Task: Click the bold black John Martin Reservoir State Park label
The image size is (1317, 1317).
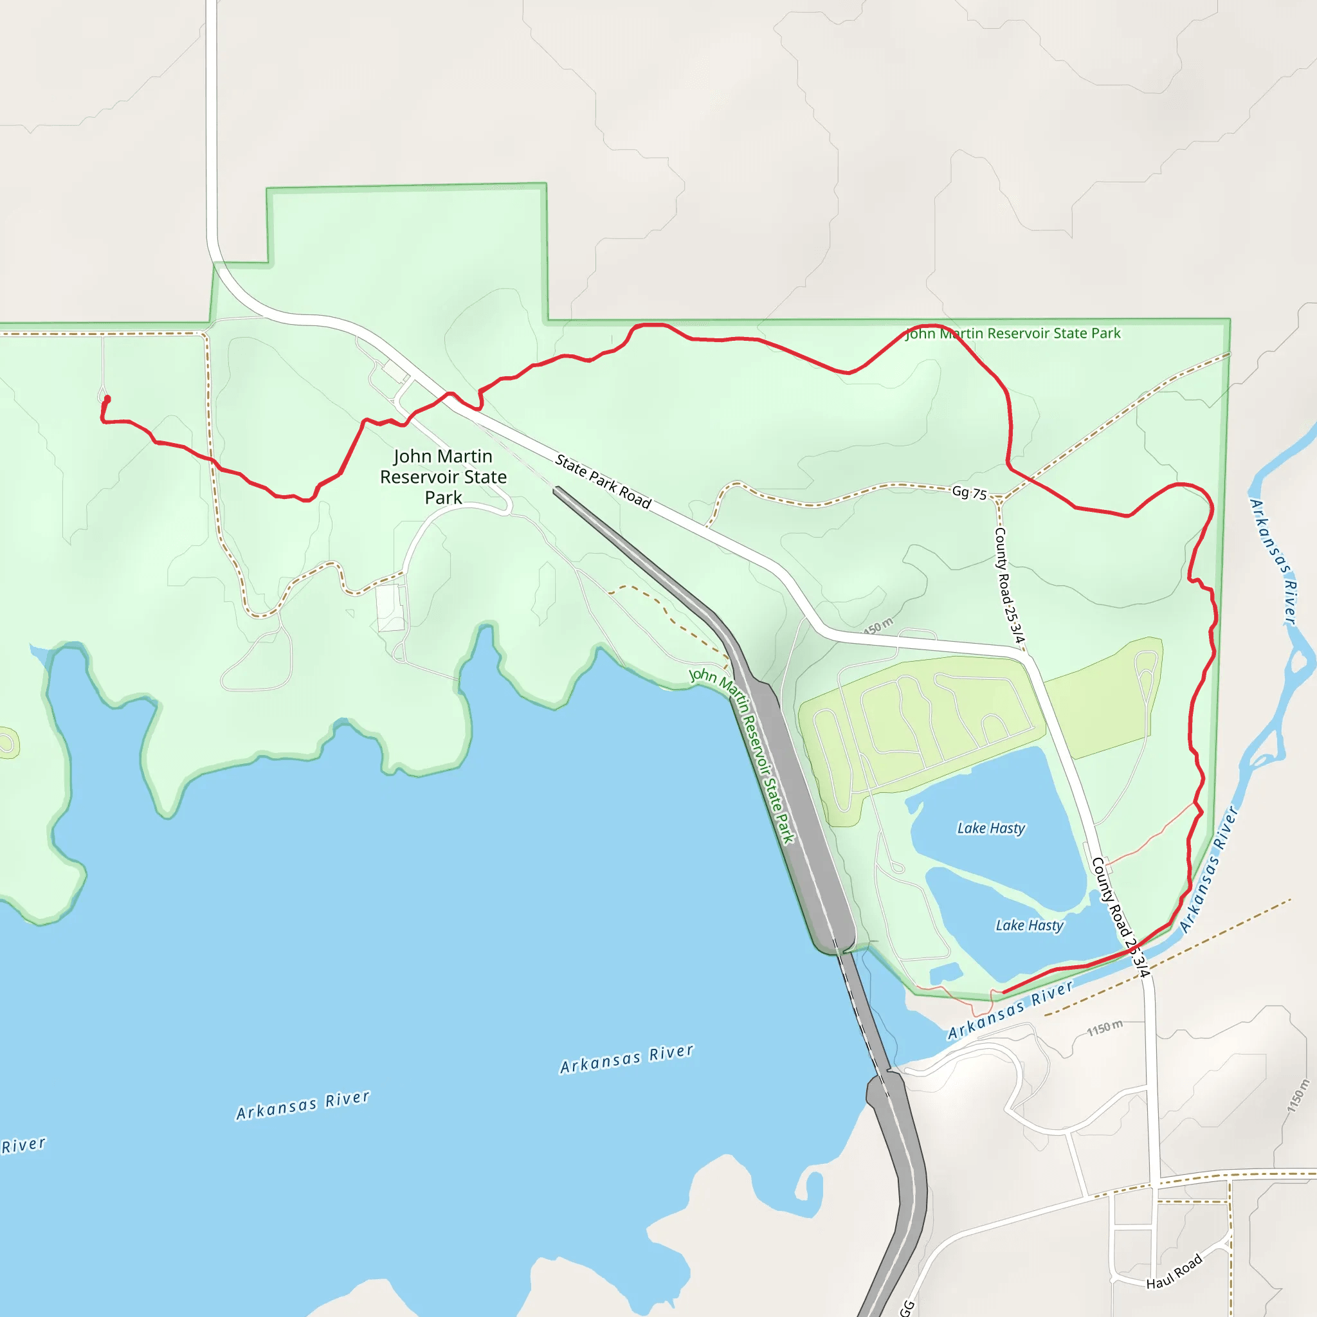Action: click(x=443, y=477)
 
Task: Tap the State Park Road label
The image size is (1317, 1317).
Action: click(x=603, y=481)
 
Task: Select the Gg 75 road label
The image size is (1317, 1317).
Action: click(x=968, y=492)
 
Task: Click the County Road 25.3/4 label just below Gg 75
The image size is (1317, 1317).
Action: click(x=1009, y=584)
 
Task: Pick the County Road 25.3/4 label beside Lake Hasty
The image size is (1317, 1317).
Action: click(x=1120, y=916)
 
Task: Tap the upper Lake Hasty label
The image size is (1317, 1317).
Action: click(x=990, y=828)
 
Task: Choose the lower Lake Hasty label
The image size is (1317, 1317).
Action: click(x=1029, y=925)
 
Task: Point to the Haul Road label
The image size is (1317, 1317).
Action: click(x=1173, y=1272)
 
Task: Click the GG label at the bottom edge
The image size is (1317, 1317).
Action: click(x=907, y=1307)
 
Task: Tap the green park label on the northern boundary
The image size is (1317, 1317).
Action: click(x=1012, y=333)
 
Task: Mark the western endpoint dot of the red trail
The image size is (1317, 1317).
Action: click(x=107, y=399)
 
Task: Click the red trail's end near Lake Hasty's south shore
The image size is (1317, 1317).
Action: click(x=1003, y=992)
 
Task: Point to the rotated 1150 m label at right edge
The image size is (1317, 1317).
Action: click(x=1297, y=1095)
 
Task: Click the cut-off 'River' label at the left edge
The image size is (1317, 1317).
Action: click(x=24, y=1145)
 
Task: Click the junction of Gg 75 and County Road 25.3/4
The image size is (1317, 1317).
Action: click(x=999, y=498)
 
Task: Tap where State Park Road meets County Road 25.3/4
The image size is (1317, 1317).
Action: click(x=1024, y=656)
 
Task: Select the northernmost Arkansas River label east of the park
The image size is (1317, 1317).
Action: click(x=1271, y=561)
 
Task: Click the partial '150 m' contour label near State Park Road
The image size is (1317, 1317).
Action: click(x=878, y=625)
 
